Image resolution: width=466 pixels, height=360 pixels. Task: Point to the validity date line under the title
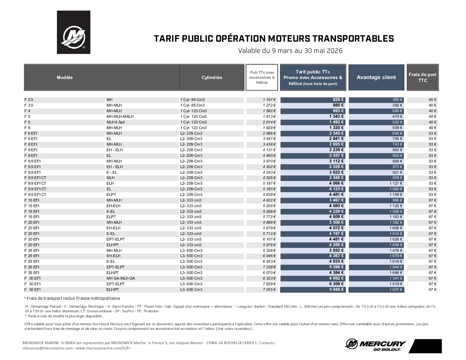(x=290, y=51)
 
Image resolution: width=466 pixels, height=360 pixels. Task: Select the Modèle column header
(x=65, y=77)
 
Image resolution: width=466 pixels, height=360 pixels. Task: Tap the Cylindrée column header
(x=212, y=77)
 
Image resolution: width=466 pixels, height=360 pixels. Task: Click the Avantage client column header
(x=376, y=77)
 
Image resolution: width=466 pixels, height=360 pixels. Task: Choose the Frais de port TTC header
(x=422, y=77)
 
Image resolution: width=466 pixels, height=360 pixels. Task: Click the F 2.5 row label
(x=29, y=100)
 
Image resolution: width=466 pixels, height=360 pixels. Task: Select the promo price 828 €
(x=338, y=100)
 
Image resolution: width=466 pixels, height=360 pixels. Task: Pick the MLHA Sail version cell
(x=116, y=122)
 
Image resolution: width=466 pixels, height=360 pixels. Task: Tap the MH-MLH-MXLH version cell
(x=120, y=116)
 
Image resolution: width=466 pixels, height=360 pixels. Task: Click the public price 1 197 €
(x=269, y=100)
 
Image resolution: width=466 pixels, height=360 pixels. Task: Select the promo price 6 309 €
(x=336, y=284)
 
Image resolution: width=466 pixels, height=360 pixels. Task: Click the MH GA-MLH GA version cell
(x=120, y=278)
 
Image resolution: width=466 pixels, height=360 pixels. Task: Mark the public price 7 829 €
(x=269, y=284)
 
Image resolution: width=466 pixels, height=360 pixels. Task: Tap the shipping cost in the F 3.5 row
(x=433, y=105)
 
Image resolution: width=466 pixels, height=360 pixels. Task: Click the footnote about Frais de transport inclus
(x=72, y=298)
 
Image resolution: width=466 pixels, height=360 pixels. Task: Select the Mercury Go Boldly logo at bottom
(x=376, y=345)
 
